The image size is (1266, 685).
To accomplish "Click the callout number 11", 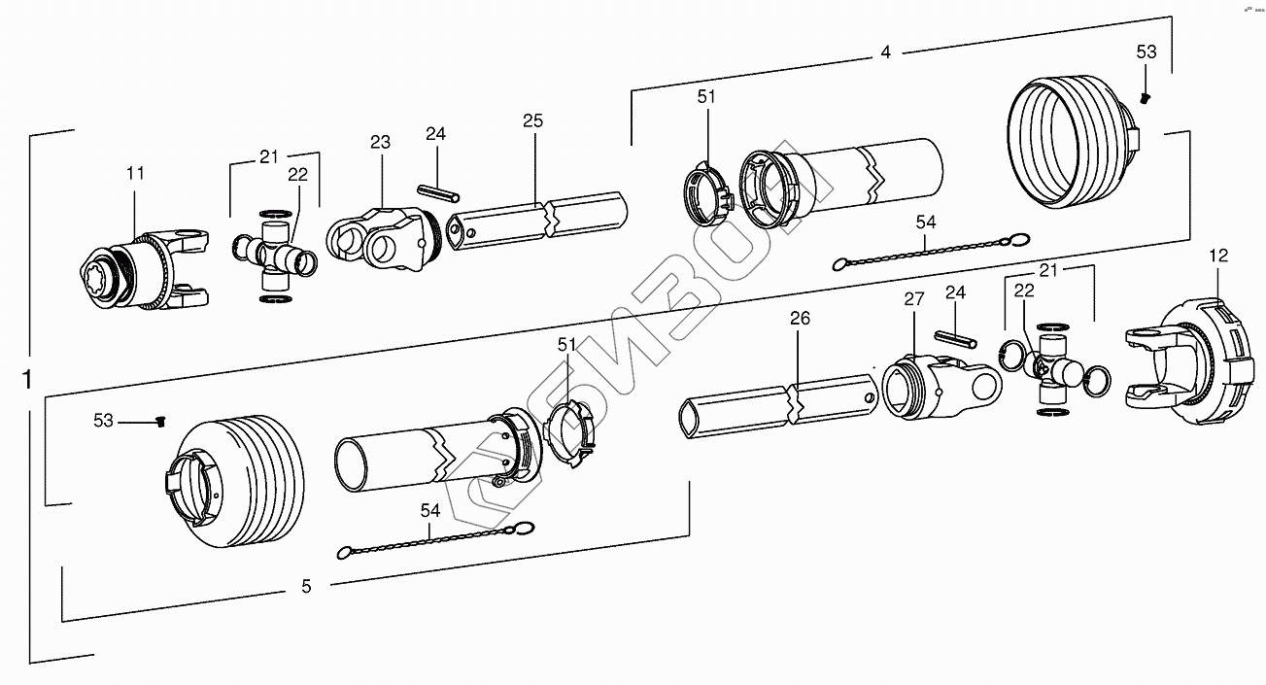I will (x=135, y=173).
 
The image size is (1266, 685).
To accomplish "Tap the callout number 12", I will (x=1218, y=256).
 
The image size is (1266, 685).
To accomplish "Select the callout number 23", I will (x=380, y=142).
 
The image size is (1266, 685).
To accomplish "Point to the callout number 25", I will (x=532, y=121).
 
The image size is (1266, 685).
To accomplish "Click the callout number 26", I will (x=799, y=318).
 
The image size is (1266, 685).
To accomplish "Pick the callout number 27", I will (x=913, y=299).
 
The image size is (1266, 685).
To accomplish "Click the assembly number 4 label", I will (x=885, y=52).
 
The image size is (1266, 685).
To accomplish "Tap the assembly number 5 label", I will (x=306, y=586).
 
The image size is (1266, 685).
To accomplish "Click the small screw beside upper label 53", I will (x=1146, y=97).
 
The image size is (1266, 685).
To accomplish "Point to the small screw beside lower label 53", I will (x=161, y=421).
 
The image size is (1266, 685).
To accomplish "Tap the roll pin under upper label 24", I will (x=437, y=194).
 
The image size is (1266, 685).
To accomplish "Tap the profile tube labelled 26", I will (x=777, y=407).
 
